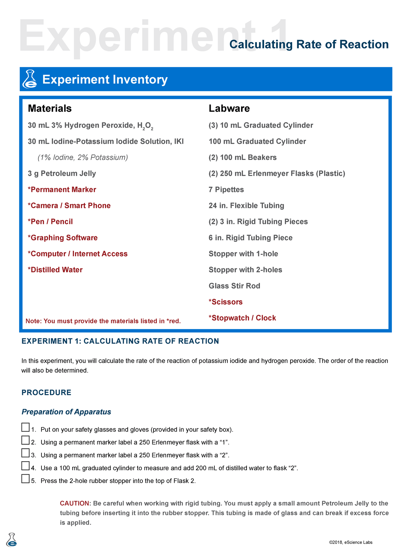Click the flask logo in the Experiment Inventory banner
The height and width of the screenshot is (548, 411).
coord(29,79)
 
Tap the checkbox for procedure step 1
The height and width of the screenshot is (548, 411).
coord(25,427)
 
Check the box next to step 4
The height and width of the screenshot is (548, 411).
coord(25,466)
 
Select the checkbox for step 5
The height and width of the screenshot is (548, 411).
coord(25,479)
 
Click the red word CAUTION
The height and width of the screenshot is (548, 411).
coord(74,503)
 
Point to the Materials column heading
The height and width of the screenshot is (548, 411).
coord(50,108)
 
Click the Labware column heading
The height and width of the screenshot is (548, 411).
coord(229,108)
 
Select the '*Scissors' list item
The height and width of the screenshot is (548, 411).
coord(225,302)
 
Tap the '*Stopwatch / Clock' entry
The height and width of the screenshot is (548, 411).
coord(242,318)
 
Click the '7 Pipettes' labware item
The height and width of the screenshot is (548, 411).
coord(226,189)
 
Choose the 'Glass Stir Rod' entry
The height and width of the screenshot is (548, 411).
coord(234,286)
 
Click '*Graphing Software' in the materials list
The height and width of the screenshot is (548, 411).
coord(63,238)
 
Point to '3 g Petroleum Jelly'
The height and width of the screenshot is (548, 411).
coord(62,173)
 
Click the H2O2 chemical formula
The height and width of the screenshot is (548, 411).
coord(145,126)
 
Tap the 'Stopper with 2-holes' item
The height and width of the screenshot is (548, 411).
coord(245,270)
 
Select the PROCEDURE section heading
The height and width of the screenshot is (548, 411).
coord(47,393)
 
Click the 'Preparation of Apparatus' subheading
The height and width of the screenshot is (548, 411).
coord(66,412)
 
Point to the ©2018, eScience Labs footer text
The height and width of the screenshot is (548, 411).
coord(350,542)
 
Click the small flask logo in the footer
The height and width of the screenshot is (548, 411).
coord(12,539)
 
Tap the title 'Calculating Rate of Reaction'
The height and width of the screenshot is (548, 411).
coord(309,44)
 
